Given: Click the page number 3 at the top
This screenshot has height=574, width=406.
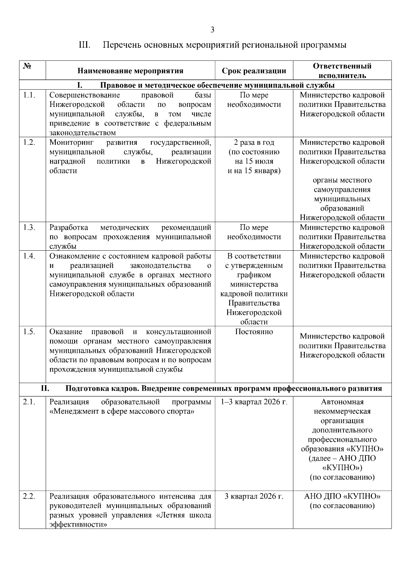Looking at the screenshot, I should tap(212, 30).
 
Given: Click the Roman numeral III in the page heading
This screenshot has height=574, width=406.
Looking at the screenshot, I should tap(84, 45).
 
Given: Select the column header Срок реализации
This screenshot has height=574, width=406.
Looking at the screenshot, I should tap(254, 71).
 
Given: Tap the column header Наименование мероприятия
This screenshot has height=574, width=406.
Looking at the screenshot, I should tap(130, 71).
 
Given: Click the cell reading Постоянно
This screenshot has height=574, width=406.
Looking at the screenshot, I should tap(254, 331).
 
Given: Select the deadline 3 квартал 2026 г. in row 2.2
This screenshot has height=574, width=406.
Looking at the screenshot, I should tap(254, 496).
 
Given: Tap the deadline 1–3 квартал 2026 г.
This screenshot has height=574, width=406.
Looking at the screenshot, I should tap(254, 402).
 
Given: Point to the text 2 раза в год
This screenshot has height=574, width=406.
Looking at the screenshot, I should tap(254, 142).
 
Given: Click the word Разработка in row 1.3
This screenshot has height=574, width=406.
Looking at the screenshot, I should tap(69, 227).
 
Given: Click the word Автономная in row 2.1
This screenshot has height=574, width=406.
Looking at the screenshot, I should tap(342, 402).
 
